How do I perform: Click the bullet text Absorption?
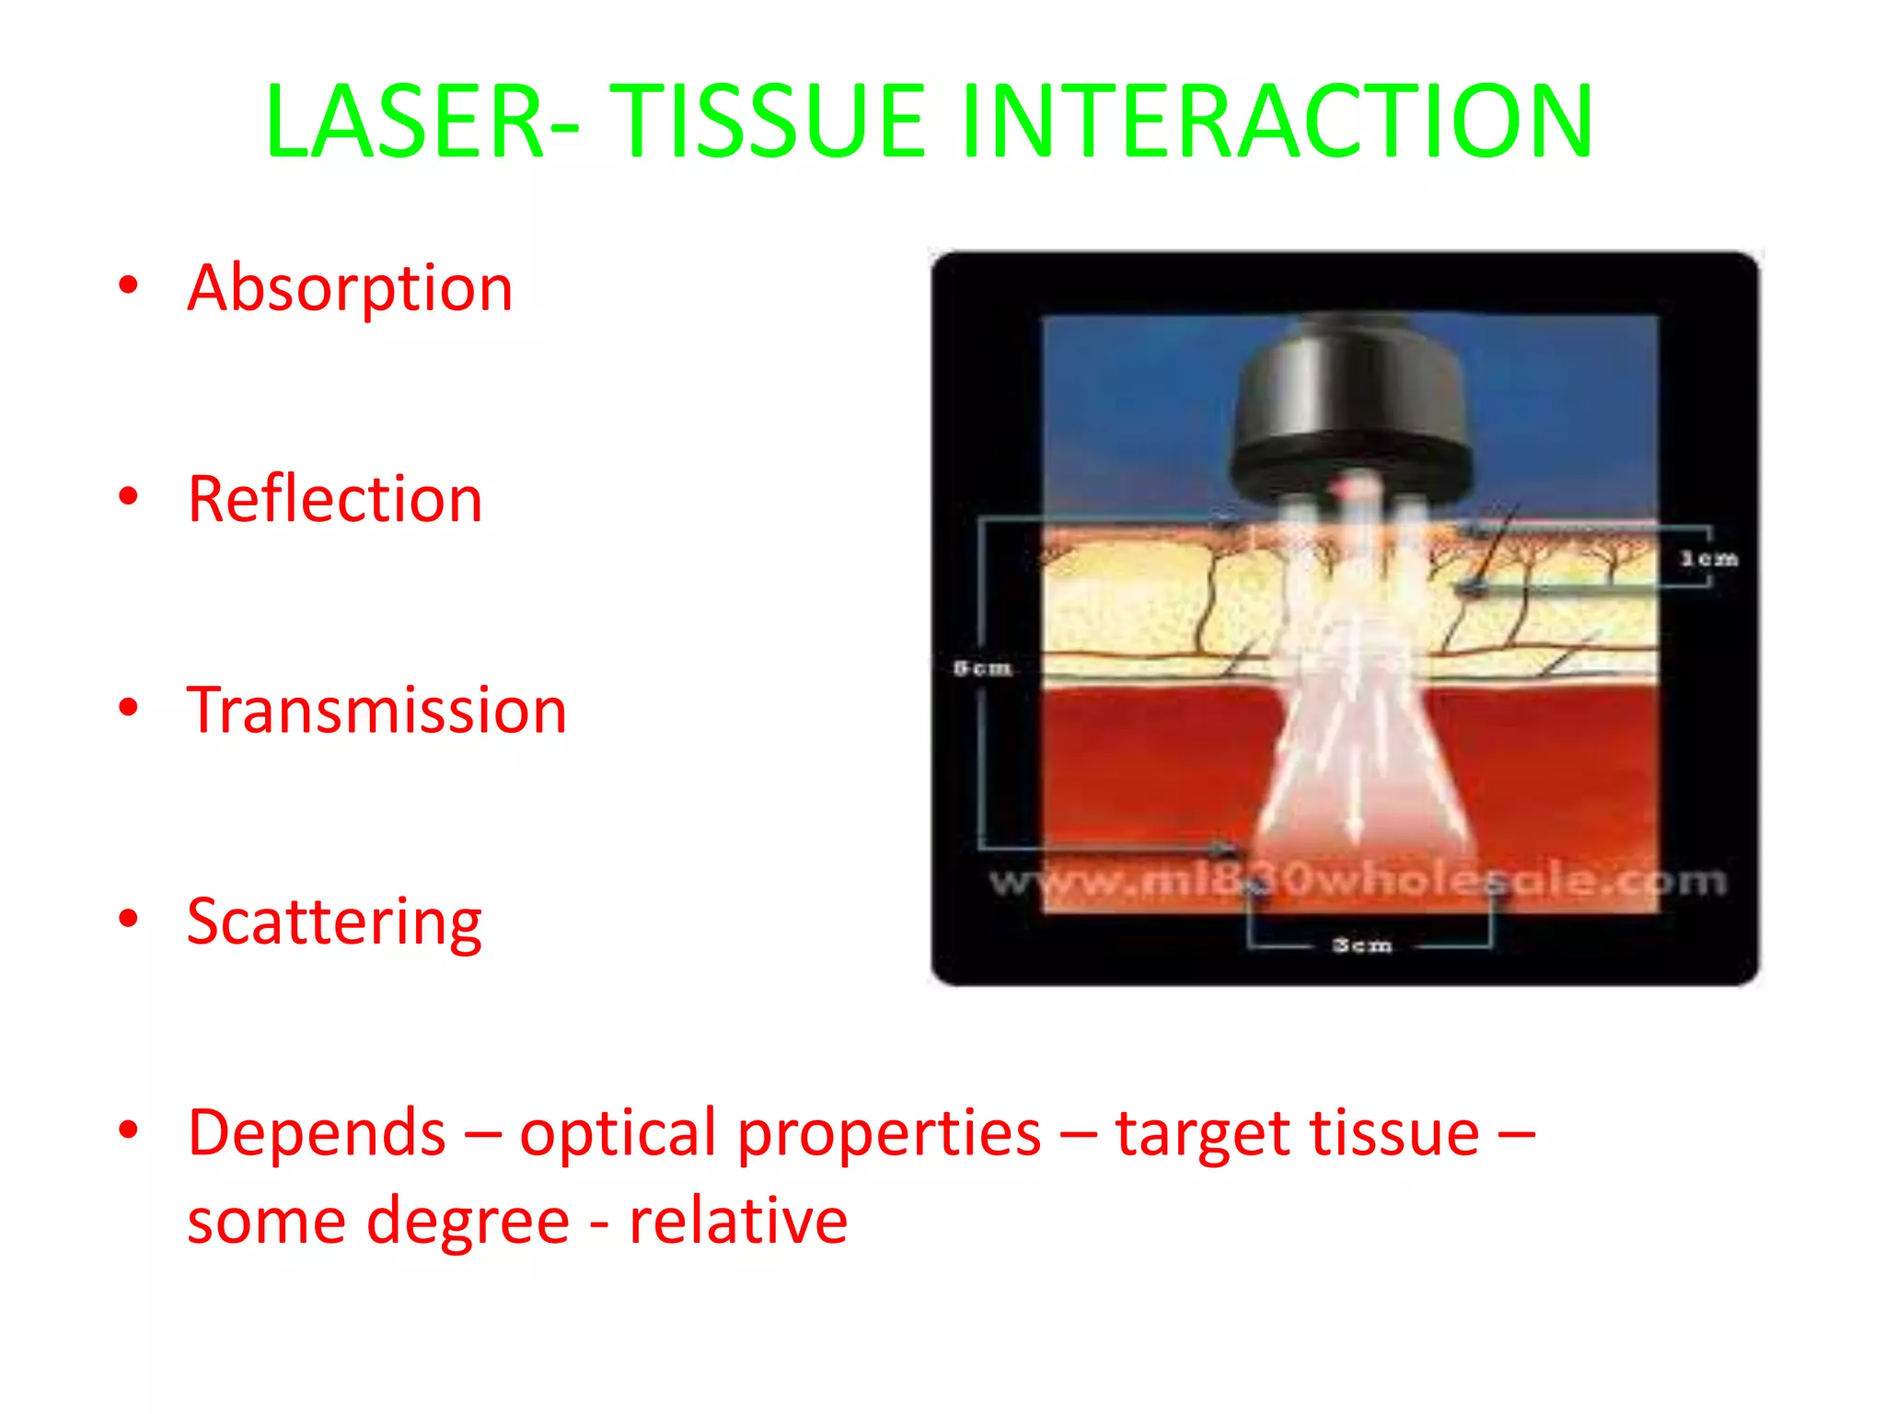point(350,288)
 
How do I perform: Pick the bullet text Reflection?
point(335,500)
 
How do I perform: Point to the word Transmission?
point(376,711)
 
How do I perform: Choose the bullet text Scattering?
point(334,921)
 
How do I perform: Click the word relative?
point(737,1221)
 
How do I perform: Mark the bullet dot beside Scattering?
point(129,919)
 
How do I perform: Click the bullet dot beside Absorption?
point(129,285)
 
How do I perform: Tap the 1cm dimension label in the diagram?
point(1709,559)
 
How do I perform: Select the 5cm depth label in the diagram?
point(982,667)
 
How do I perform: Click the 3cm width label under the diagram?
point(1362,945)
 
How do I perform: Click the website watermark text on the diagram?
point(1358,881)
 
